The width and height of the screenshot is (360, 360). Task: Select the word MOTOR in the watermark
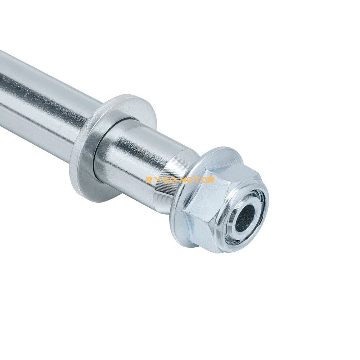[198, 180]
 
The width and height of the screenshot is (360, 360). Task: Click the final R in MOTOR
[211, 180]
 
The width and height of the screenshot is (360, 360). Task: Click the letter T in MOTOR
[198, 180]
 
